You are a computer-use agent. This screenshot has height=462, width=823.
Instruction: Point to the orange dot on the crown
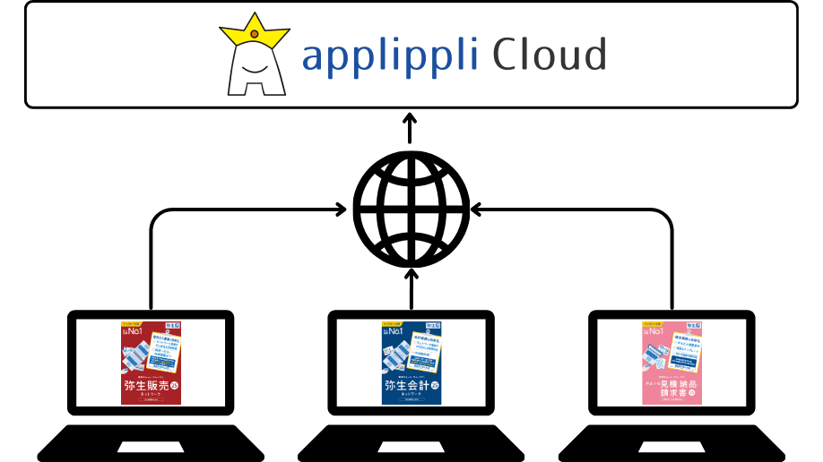(255, 34)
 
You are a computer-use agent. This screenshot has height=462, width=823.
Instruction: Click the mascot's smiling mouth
(254, 71)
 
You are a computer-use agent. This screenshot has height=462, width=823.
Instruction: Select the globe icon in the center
(411, 207)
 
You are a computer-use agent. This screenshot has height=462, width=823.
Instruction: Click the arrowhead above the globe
(410, 118)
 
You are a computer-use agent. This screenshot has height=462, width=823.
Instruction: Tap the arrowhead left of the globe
(340, 210)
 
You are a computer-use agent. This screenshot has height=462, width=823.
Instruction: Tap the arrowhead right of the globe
(477, 210)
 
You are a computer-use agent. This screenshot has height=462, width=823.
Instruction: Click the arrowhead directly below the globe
(411, 274)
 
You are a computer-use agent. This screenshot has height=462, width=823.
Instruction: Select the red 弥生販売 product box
(151, 362)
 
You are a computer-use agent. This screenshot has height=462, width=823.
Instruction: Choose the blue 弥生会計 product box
(411, 363)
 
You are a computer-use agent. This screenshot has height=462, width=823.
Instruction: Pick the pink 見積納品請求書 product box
(671, 363)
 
